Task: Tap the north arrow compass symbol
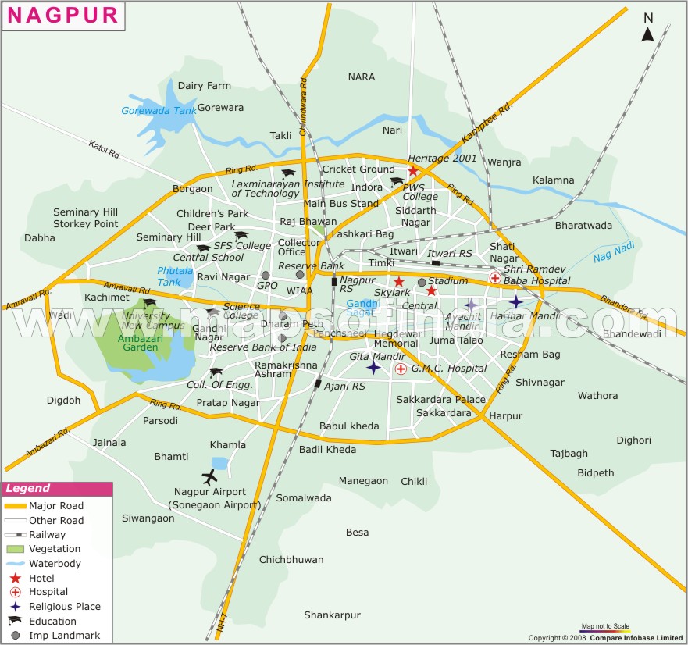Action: point(647,28)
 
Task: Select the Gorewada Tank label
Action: point(159,111)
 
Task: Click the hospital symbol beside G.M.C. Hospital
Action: point(401,369)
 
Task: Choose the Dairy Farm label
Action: point(205,86)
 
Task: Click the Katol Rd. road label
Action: point(105,150)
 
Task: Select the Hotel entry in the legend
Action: point(41,578)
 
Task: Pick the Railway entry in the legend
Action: point(47,535)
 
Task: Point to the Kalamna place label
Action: point(553,180)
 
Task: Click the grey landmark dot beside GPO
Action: point(266,275)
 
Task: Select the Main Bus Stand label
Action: point(340,204)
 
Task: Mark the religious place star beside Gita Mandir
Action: point(373,368)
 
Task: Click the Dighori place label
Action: point(633,440)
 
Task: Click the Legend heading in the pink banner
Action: point(27,490)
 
